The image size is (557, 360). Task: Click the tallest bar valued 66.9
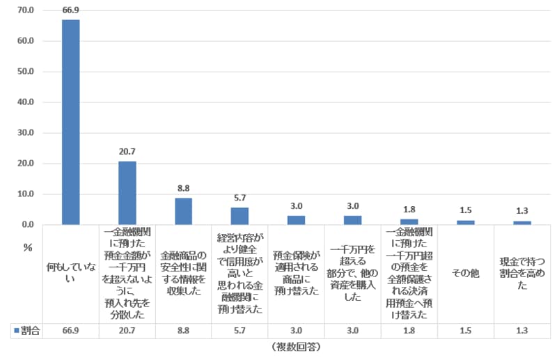[x=71, y=122]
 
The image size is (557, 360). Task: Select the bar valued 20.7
[x=127, y=193]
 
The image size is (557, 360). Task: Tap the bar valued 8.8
[x=183, y=211]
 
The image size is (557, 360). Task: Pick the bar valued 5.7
[x=240, y=216]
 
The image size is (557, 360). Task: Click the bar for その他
[x=466, y=222]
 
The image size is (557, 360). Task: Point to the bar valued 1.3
[x=522, y=223]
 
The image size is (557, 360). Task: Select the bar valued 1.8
[x=409, y=221]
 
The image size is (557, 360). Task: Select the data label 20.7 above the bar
[x=127, y=150]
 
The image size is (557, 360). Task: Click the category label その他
[x=466, y=273]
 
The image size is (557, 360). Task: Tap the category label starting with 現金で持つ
[x=522, y=273]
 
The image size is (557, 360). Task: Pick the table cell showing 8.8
[x=183, y=330]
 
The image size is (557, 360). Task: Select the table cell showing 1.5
[x=466, y=330]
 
